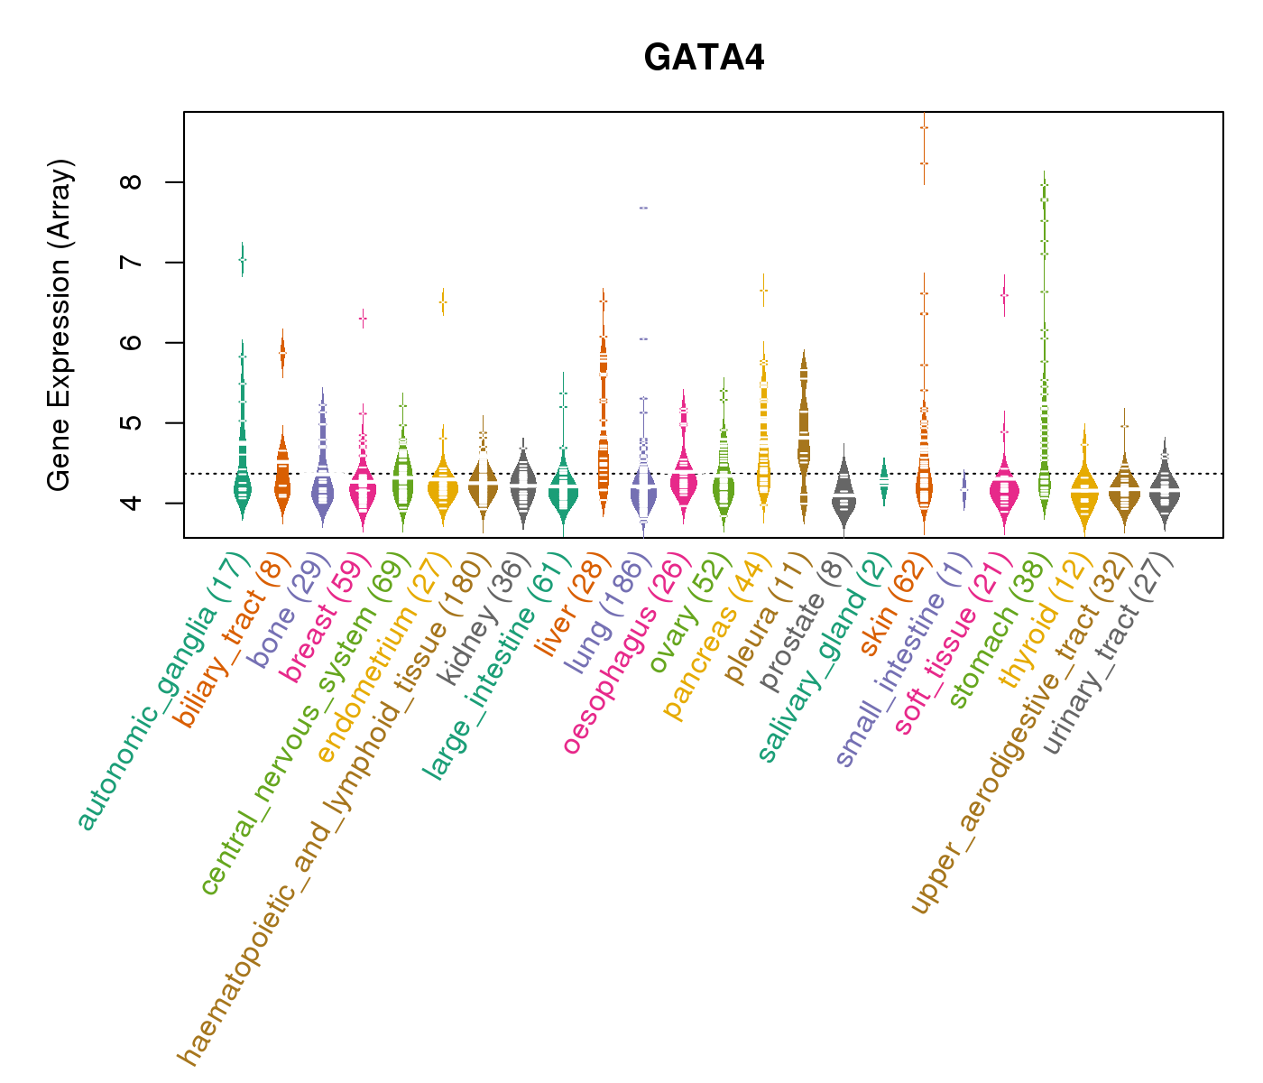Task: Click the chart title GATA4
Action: tap(704, 59)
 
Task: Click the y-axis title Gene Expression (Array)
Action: tap(60, 325)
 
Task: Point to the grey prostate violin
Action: tap(844, 496)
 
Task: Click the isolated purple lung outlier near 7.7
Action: tap(643, 208)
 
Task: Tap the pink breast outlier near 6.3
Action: tap(363, 319)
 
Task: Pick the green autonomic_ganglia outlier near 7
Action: tap(242, 260)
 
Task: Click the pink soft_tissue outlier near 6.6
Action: tap(1004, 295)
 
